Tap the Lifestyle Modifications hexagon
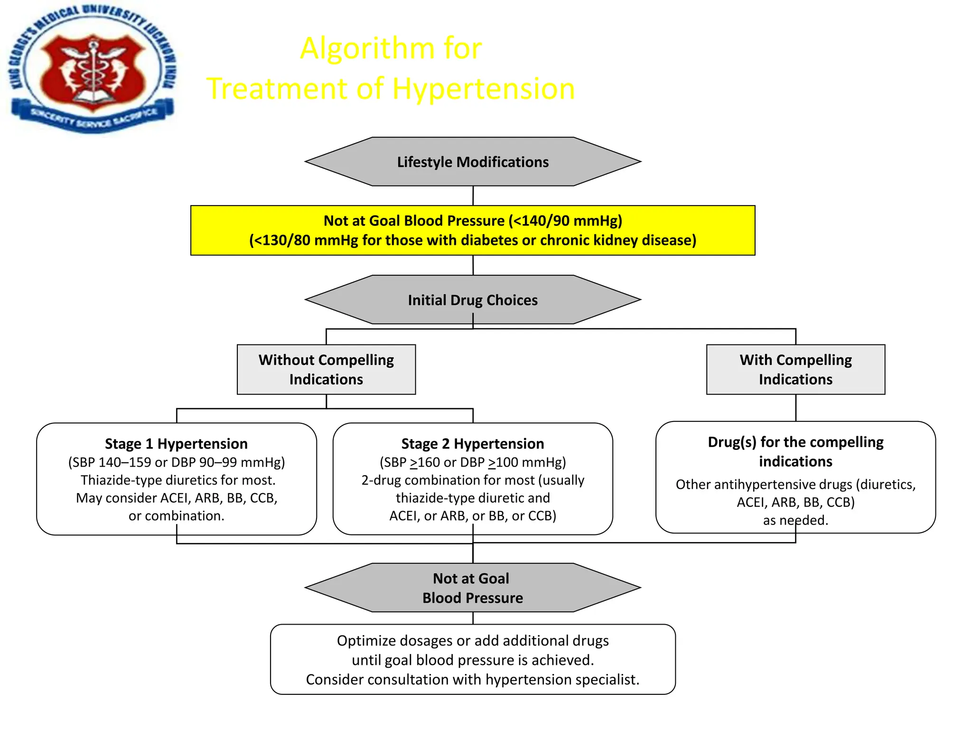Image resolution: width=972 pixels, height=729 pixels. click(x=473, y=162)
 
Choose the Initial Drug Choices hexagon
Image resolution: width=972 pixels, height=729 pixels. click(x=473, y=300)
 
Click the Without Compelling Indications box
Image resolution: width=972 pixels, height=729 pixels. click(x=326, y=369)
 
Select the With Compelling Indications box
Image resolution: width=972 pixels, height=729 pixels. click(x=795, y=369)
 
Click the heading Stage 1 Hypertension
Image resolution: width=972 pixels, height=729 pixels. click(x=176, y=444)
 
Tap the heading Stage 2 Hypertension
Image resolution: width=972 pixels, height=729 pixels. click(x=473, y=444)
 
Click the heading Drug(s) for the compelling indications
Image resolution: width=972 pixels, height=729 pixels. click(x=795, y=451)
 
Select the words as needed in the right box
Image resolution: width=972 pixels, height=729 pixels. click(x=795, y=520)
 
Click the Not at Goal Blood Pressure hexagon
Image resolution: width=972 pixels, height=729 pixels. click(x=473, y=588)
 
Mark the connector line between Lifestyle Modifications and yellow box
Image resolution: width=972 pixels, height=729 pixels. click(x=473, y=196)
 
